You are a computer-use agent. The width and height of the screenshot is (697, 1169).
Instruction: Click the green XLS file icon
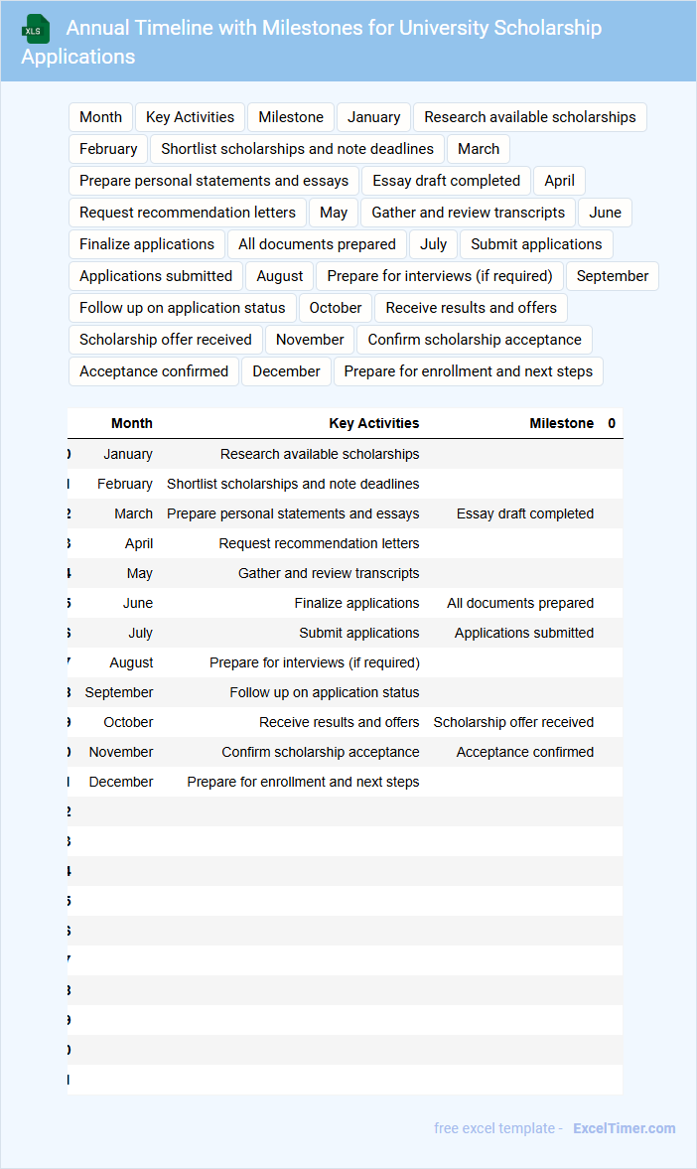click(35, 30)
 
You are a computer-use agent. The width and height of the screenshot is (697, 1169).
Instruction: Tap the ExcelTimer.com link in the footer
click(624, 1128)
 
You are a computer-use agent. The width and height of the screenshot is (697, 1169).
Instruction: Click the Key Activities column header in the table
click(374, 423)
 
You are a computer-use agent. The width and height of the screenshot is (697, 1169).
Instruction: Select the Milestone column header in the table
click(561, 423)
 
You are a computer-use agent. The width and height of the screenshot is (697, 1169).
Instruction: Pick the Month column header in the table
click(132, 423)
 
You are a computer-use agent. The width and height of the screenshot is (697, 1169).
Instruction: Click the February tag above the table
click(108, 149)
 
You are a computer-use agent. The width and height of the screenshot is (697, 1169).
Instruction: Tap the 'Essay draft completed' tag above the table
click(446, 181)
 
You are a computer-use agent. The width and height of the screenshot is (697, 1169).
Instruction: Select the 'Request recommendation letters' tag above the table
click(188, 213)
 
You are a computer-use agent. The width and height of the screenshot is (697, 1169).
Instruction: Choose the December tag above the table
click(286, 371)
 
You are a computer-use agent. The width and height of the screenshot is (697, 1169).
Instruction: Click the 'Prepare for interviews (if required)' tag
click(439, 276)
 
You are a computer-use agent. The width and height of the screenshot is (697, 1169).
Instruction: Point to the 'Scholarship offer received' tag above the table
click(166, 340)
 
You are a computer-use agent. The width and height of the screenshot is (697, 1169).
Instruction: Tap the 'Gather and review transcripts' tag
click(468, 213)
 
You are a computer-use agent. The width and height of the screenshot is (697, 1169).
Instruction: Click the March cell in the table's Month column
click(133, 513)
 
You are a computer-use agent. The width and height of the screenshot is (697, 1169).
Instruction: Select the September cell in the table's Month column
click(119, 692)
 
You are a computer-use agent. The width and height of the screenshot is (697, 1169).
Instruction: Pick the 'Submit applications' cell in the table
click(359, 633)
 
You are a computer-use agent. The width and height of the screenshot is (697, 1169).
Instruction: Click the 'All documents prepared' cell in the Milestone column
click(520, 603)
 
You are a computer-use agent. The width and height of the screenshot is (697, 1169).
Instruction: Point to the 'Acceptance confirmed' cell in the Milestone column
click(525, 752)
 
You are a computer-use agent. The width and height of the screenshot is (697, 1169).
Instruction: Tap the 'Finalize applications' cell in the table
click(356, 603)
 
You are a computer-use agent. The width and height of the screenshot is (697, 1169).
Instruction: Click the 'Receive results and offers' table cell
click(340, 722)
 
